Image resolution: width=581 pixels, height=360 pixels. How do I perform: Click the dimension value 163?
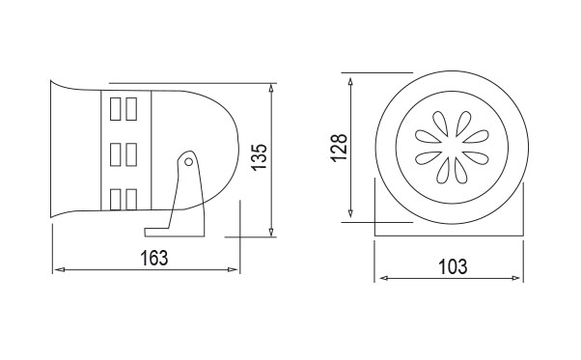(154, 258)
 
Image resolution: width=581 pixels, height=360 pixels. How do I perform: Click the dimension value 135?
(259, 156)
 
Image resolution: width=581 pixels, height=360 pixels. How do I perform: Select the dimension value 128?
(340, 148)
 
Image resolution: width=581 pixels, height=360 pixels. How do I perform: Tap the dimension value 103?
(453, 266)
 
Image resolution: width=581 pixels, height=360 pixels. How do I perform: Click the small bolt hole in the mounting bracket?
(188, 162)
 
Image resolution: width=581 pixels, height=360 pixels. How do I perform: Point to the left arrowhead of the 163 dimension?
(59, 269)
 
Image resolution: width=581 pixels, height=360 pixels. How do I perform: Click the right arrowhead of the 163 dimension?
(233, 269)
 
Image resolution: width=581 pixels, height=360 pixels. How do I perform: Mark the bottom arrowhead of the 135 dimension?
(271, 231)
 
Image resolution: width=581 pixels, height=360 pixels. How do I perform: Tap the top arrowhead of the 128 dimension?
(350, 83)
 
